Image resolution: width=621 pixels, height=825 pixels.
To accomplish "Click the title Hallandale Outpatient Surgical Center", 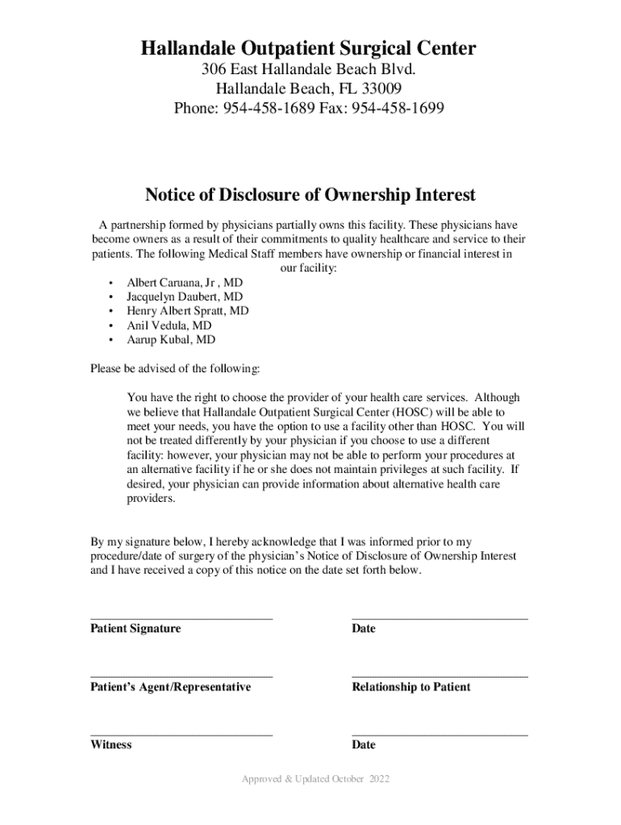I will pyautogui.click(x=309, y=50).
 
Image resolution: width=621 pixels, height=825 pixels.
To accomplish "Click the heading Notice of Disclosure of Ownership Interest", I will pyautogui.click(x=310, y=195).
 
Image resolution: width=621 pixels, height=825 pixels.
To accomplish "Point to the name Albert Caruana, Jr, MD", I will pyautogui.click(x=185, y=284).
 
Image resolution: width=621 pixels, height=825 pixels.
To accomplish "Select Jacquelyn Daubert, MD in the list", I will pyautogui.click(x=185, y=297).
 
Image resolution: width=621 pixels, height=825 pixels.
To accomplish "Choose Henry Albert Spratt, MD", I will pyautogui.click(x=188, y=311).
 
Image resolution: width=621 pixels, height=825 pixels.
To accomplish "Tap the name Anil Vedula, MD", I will pyautogui.click(x=169, y=325).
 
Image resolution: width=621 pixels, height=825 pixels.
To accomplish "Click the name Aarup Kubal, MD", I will pyautogui.click(x=171, y=340).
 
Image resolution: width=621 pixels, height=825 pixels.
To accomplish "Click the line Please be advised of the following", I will pyautogui.click(x=175, y=369).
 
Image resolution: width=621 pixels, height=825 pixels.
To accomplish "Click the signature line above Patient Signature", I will pyautogui.click(x=181, y=618).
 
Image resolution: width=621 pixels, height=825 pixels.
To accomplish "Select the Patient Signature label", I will pyautogui.click(x=135, y=628).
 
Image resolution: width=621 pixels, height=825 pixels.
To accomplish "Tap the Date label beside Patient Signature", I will pyautogui.click(x=364, y=628).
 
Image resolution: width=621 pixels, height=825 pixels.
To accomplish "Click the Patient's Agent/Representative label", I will pyautogui.click(x=170, y=687).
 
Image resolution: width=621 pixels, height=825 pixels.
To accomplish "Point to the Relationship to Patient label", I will pyautogui.click(x=411, y=687).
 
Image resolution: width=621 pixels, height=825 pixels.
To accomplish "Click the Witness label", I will pyautogui.click(x=111, y=745).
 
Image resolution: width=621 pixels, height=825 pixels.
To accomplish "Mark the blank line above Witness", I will pyautogui.click(x=181, y=735).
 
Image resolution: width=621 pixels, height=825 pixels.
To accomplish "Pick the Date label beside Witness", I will pyautogui.click(x=364, y=745).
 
